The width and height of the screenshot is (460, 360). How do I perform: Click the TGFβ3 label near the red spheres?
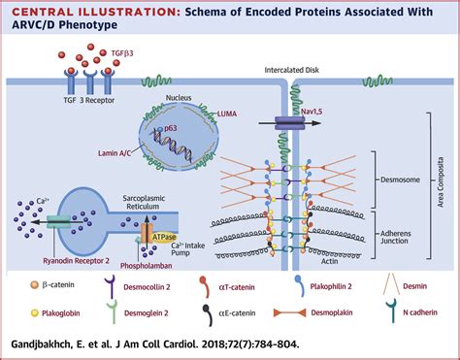(122, 53)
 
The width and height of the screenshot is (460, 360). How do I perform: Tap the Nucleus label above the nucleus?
(179, 97)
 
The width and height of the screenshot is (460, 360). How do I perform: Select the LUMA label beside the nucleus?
(227, 114)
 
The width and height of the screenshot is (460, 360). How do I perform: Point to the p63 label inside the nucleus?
(171, 128)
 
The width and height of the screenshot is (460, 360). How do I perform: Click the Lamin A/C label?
(115, 153)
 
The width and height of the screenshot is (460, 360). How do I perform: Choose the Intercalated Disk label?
(291, 70)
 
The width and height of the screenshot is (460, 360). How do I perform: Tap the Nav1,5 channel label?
(312, 112)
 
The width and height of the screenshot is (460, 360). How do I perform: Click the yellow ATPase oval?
(164, 238)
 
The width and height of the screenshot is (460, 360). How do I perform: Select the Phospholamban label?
(146, 266)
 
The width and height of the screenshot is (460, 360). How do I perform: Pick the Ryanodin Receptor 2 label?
(76, 260)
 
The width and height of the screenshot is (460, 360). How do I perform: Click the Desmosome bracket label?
(400, 180)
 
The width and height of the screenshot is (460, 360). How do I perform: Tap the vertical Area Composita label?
(441, 182)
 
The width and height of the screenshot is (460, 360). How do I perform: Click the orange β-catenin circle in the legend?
(34, 285)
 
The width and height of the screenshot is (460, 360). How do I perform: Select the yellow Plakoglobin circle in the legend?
(34, 313)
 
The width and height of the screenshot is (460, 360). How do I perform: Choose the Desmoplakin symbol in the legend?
(289, 312)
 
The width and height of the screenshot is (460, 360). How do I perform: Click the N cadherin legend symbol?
(391, 311)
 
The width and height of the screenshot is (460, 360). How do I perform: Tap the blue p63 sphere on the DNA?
(160, 129)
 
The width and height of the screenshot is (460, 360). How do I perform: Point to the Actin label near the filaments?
(329, 261)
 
